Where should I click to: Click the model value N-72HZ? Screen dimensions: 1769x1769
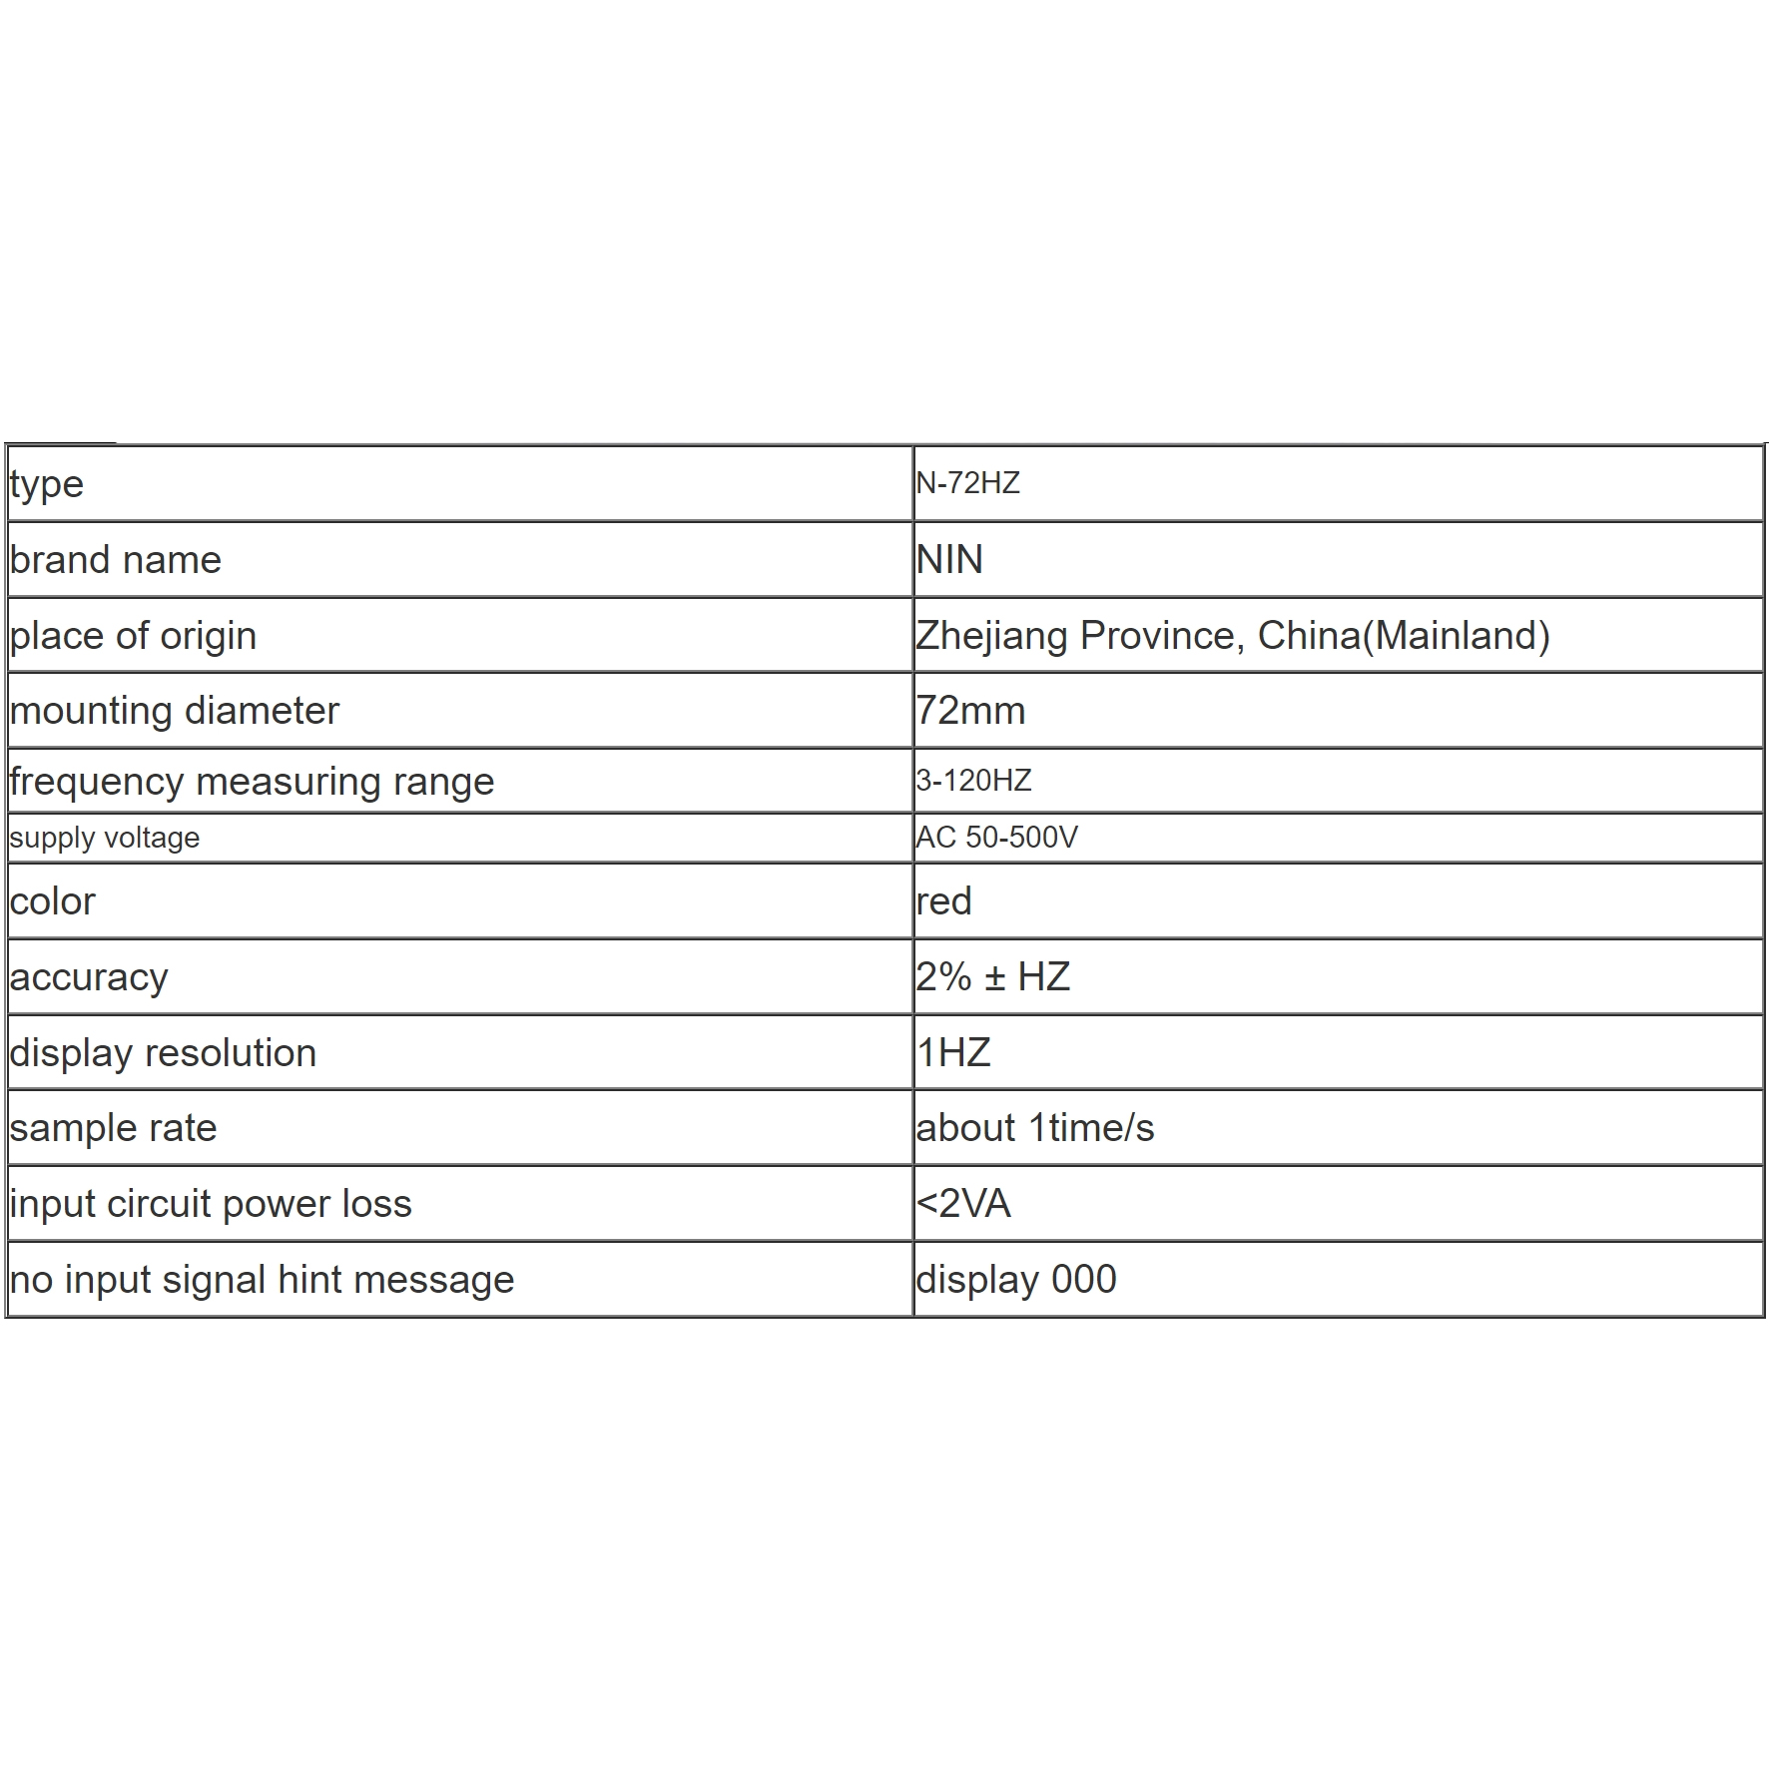click(967, 483)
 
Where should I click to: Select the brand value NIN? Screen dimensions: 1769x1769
click(949, 559)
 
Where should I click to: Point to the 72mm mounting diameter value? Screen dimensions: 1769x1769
click(970, 711)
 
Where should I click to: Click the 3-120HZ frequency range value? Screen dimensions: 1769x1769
click(973, 780)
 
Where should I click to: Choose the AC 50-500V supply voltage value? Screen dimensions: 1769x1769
click(996, 837)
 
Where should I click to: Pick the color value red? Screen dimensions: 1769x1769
click(943, 901)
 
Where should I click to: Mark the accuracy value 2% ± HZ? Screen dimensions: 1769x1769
click(992, 976)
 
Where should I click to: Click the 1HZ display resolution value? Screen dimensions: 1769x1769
click(953, 1052)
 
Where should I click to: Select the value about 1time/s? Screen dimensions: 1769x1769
click(1034, 1128)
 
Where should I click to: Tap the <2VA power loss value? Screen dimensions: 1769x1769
click(963, 1203)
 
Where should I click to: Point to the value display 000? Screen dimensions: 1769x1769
click(1015, 1279)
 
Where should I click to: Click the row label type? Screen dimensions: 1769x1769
click(46, 484)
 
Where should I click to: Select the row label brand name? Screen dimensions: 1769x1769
click(115, 559)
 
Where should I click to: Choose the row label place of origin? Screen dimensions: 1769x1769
click(133, 636)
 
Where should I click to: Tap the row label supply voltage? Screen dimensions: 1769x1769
click(104, 838)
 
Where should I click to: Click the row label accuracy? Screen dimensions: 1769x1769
click(89, 977)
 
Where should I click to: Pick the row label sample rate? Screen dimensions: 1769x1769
click(113, 1128)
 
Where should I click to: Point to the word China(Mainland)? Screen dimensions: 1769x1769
click(1403, 636)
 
